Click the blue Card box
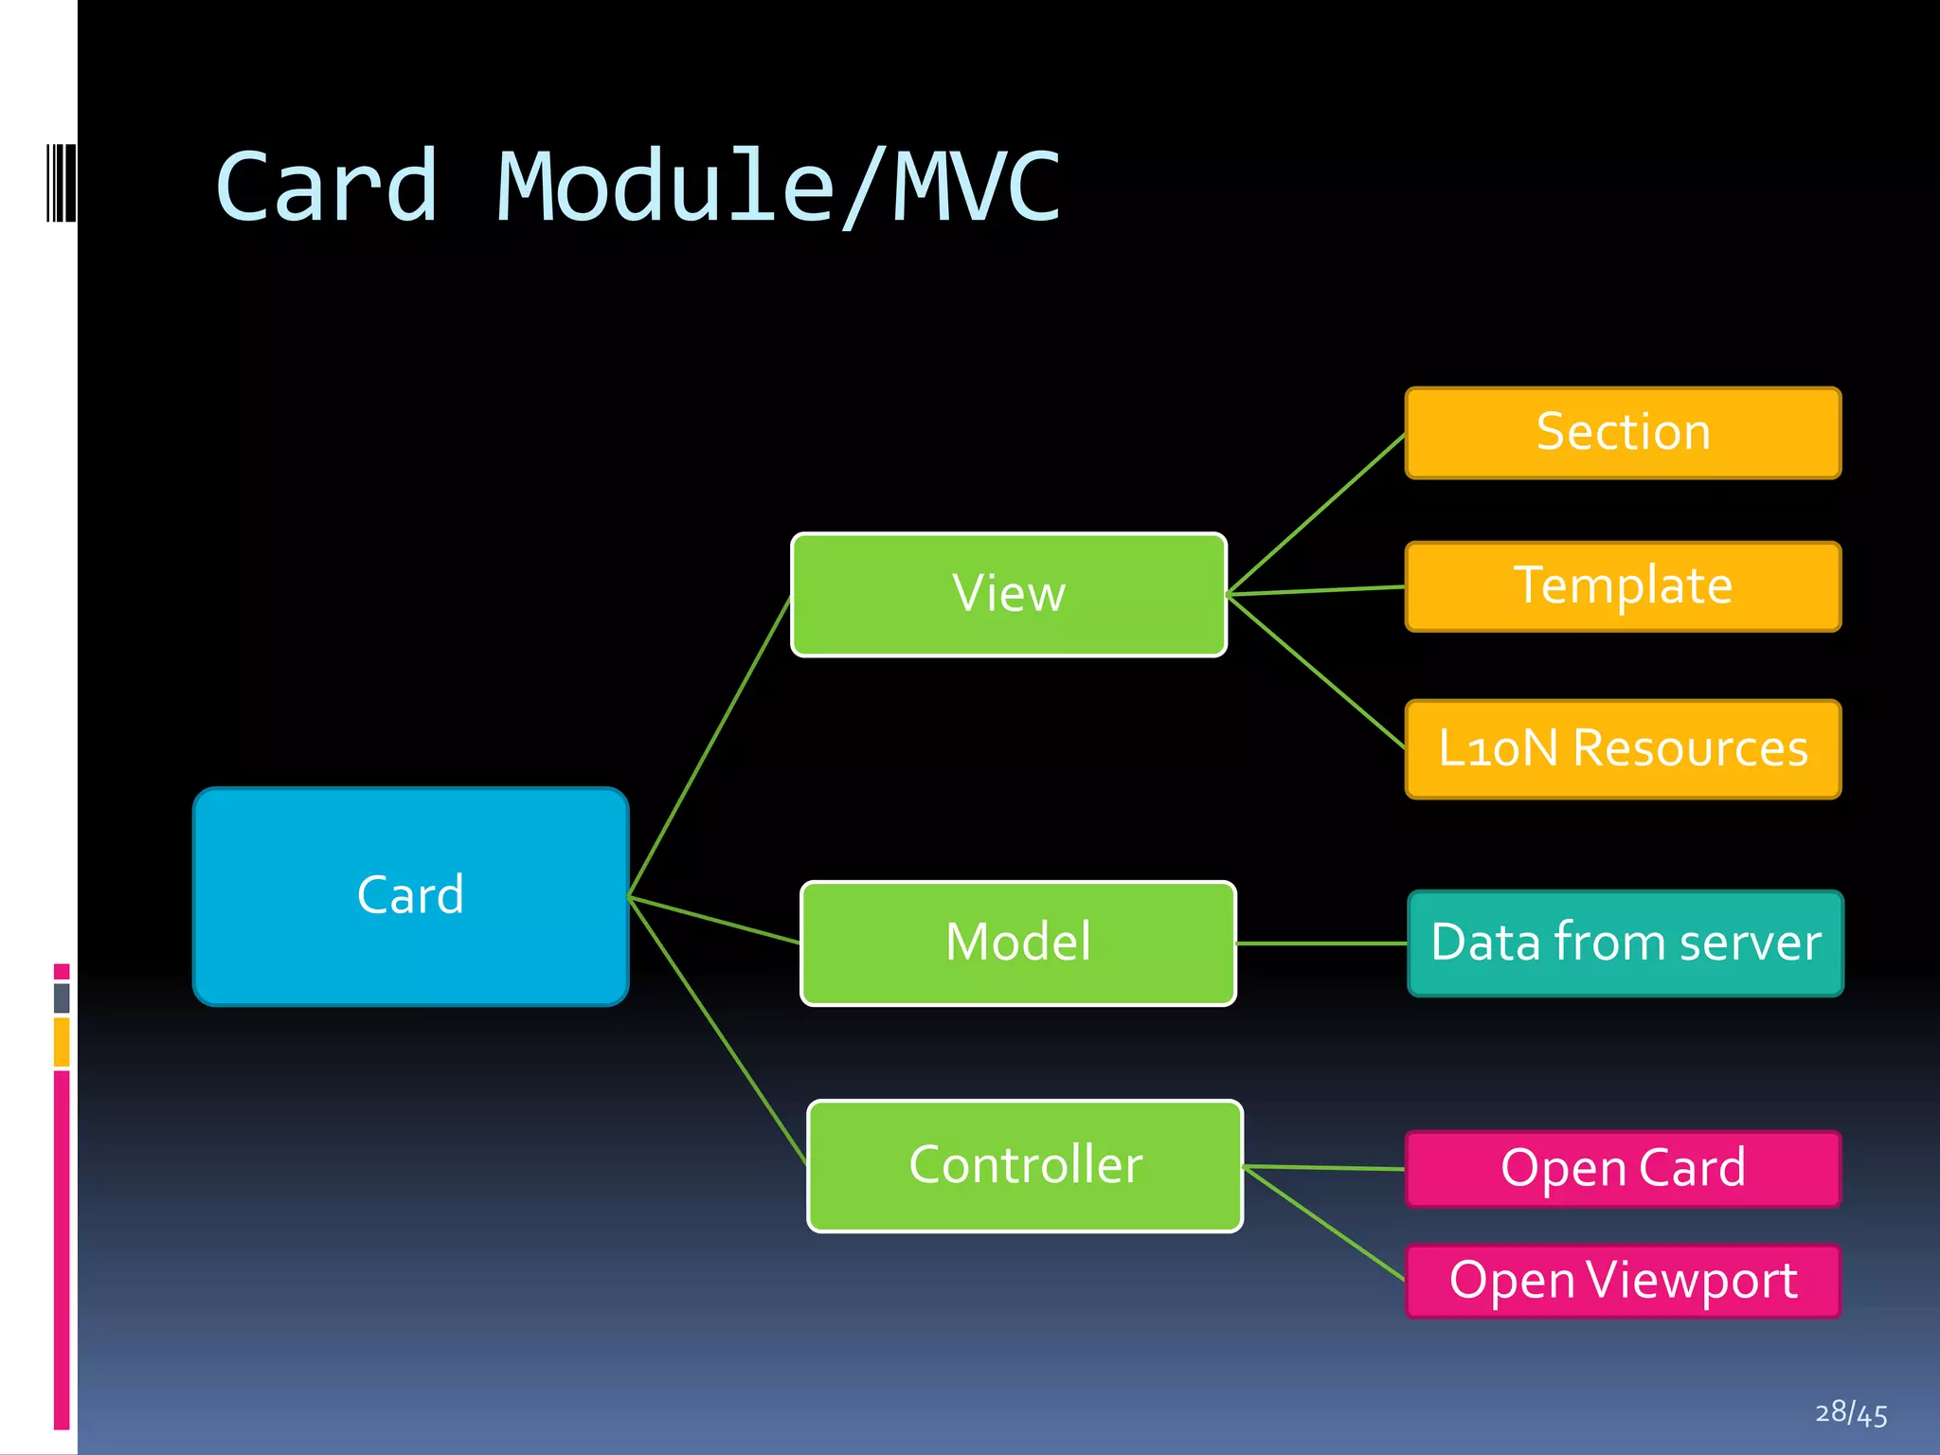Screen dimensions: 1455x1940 [x=410, y=896]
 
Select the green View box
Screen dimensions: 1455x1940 [x=1009, y=594]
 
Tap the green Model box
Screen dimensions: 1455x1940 [x=1018, y=943]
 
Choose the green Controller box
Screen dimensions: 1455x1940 [x=1025, y=1165]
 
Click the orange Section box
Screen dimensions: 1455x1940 [x=1623, y=433]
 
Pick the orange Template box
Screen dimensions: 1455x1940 [x=1623, y=586]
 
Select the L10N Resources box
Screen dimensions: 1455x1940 [x=1623, y=748]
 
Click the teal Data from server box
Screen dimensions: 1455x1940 [x=1626, y=943]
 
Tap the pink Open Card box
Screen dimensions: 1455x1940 [x=1623, y=1168]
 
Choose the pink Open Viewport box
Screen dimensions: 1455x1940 [x=1623, y=1281]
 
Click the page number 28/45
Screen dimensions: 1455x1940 [x=1851, y=1413]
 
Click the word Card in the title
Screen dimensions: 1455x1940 [x=327, y=187]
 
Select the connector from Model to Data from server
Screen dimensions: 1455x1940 [x=1321, y=943]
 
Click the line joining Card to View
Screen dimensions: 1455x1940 [x=710, y=745]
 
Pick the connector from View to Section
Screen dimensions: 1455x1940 [x=1317, y=513]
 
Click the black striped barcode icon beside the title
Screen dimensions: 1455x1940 [x=61, y=183]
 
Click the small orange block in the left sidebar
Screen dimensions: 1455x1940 [x=62, y=1042]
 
